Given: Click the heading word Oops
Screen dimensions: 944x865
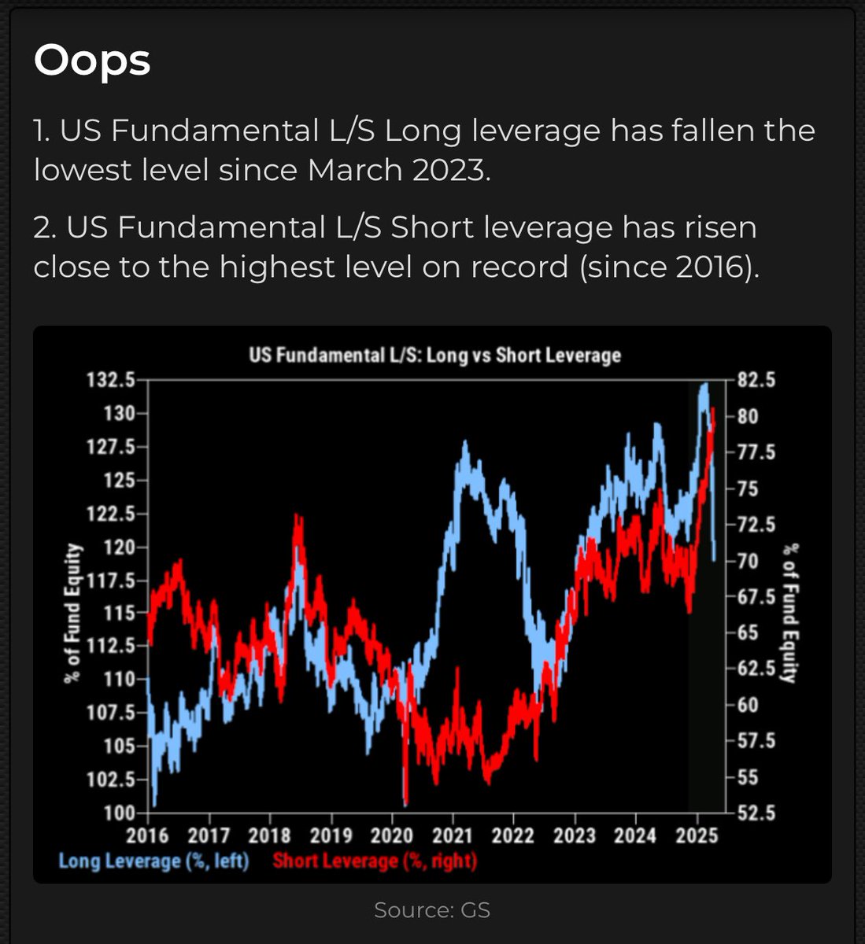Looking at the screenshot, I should point(92,61).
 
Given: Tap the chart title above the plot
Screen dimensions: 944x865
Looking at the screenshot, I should point(434,355).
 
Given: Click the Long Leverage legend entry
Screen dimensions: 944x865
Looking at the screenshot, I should point(153,861).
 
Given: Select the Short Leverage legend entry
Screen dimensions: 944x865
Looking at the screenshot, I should point(375,861).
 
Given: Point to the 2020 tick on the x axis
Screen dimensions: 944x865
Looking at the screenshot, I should point(392,835).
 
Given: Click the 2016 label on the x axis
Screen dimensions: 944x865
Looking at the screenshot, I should point(148,835).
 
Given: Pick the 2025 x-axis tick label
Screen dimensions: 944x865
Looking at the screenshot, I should point(697,835).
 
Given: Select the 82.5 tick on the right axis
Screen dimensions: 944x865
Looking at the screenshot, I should point(756,380).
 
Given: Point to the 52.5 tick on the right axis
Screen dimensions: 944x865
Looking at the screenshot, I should point(756,813).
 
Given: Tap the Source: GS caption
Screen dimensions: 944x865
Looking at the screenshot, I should point(432,910).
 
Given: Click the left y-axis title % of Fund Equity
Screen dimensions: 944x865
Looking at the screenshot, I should point(73,612).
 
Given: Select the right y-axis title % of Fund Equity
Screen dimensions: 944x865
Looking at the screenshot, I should point(791,612).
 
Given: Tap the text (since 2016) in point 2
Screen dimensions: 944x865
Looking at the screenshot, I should point(670,267).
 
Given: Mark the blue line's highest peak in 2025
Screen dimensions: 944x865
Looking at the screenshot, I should point(704,385).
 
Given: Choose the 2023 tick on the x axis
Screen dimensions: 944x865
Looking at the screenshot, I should point(575,835).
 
